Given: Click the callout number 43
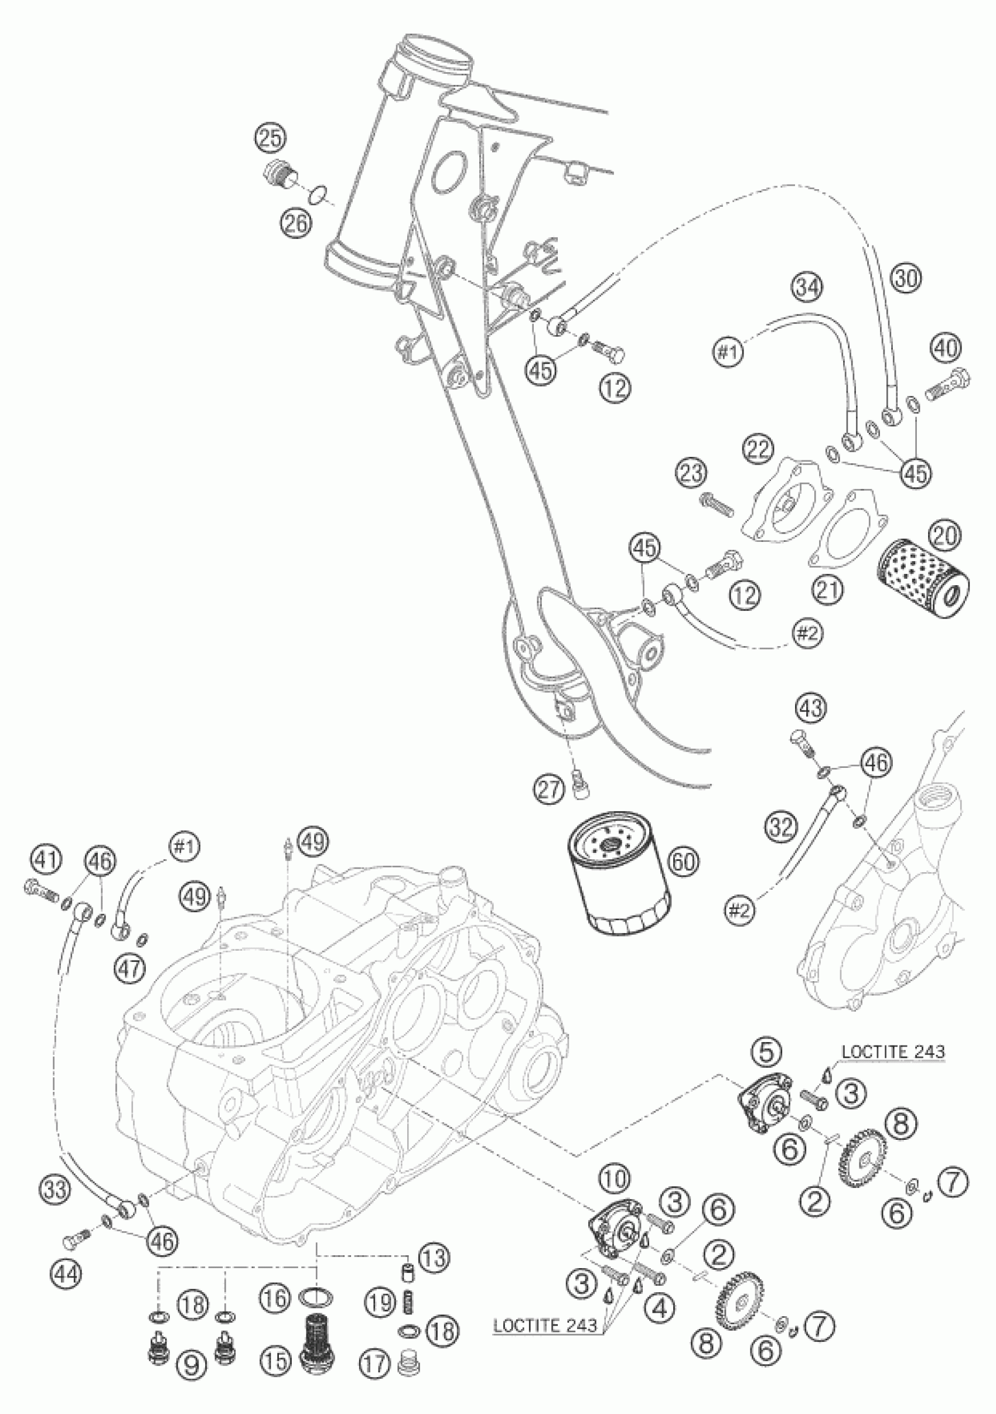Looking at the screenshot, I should point(811,709).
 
